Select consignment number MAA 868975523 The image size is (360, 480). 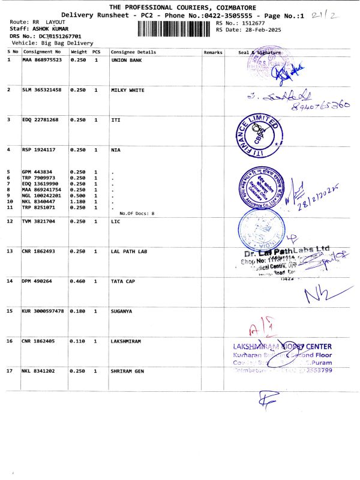coord(41,61)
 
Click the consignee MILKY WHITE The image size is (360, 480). coord(128,90)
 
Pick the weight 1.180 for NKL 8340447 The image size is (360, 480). coord(79,201)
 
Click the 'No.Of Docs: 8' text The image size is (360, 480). coord(137,213)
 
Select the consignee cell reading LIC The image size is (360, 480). coord(116,221)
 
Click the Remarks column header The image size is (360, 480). coord(213,52)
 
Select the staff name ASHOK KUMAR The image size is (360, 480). coord(50,29)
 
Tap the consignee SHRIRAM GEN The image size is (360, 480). coord(129,371)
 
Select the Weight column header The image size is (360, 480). coord(79,52)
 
